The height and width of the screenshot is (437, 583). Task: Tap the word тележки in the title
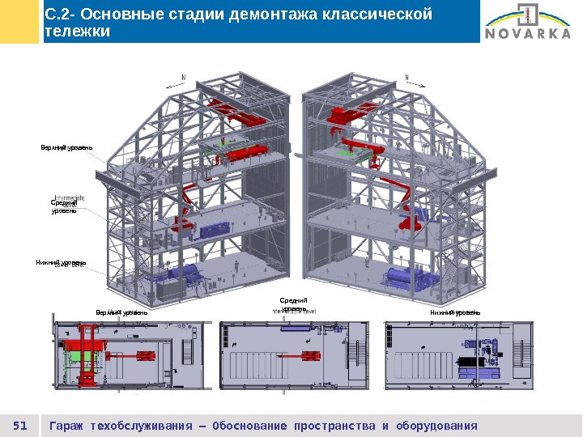pyautogui.click(x=77, y=32)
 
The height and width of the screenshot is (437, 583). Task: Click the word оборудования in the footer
pyautogui.click(x=435, y=426)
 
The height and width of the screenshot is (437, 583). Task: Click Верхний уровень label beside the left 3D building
pyautogui.click(x=67, y=147)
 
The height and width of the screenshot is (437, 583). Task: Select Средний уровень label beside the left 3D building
pyautogui.click(x=64, y=208)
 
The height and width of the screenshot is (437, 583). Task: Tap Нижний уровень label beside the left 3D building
pyautogui.click(x=61, y=263)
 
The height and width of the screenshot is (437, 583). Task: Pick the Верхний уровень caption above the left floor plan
pyautogui.click(x=121, y=312)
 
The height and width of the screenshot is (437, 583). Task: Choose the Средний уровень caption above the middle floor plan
pyautogui.click(x=293, y=304)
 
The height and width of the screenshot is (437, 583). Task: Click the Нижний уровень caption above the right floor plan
pyautogui.click(x=456, y=312)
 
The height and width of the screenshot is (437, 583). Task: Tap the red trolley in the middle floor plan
pyautogui.click(x=310, y=355)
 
